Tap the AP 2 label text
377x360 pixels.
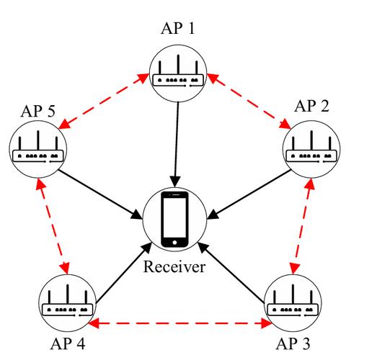point(312,107)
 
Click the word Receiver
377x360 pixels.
point(174,269)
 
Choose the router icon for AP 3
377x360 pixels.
point(292,303)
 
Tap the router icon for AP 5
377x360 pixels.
point(37,149)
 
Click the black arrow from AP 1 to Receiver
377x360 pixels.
point(174,140)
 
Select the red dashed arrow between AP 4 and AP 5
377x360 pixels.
point(52,228)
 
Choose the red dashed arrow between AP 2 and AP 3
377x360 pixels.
point(302,228)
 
